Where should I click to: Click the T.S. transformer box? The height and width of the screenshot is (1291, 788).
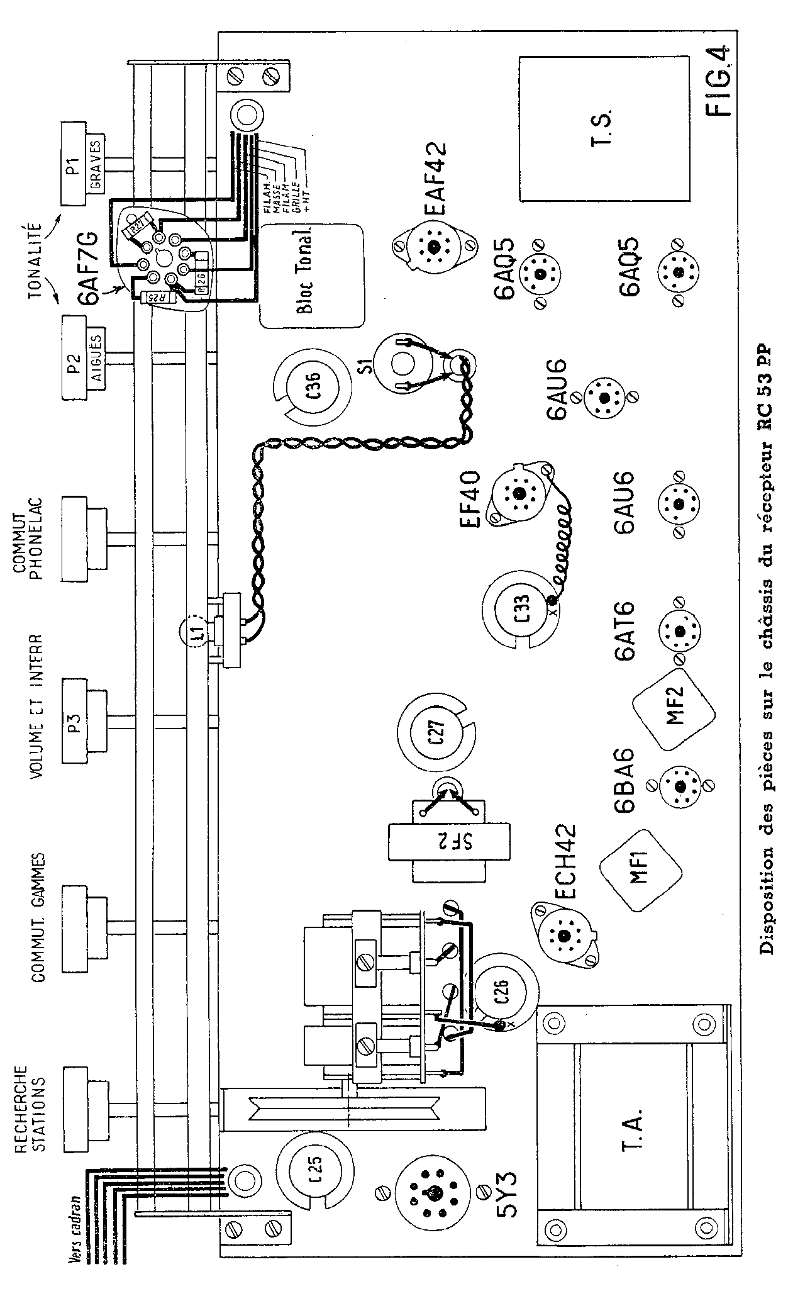(605, 128)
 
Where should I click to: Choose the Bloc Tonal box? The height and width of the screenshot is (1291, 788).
(313, 276)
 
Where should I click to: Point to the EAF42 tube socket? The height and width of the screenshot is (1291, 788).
(433, 247)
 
